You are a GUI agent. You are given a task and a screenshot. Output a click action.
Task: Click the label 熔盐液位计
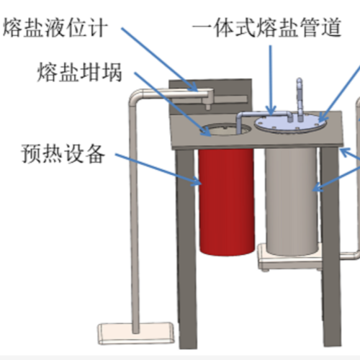pyautogui.click(x=55, y=27)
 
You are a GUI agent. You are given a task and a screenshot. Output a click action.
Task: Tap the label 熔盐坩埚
pyautogui.click(x=80, y=72)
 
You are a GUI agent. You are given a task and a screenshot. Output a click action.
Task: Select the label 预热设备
pyautogui.click(x=63, y=153)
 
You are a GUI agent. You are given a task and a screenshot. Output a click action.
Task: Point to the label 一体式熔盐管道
pyautogui.click(x=266, y=27)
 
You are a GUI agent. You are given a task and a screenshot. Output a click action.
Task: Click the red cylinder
pyautogui.click(x=226, y=202)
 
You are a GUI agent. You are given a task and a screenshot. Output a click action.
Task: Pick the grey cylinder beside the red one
pyautogui.click(x=292, y=201)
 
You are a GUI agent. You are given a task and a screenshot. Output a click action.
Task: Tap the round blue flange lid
pyautogui.click(x=291, y=124)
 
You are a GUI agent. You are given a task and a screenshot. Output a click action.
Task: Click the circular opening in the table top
pyautogui.click(x=225, y=129)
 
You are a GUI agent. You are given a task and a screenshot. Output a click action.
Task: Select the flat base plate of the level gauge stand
pyautogui.click(x=135, y=333)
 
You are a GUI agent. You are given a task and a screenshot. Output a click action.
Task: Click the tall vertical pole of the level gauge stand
pyautogui.click(x=135, y=216)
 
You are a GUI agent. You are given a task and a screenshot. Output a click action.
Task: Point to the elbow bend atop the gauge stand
pyautogui.click(x=135, y=96)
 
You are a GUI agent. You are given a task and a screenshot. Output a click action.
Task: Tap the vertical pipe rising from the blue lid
pyautogui.click(x=300, y=99)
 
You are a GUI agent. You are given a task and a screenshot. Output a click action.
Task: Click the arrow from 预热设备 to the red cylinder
pyautogui.click(x=158, y=169)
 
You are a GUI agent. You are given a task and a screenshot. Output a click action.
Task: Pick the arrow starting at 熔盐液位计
pyautogui.click(x=160, y=60)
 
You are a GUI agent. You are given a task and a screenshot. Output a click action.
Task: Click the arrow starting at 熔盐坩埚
pyautogui.click(x=173, y=104)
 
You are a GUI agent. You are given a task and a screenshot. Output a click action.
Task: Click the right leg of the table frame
pyautogui.click(x=331, y=246)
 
